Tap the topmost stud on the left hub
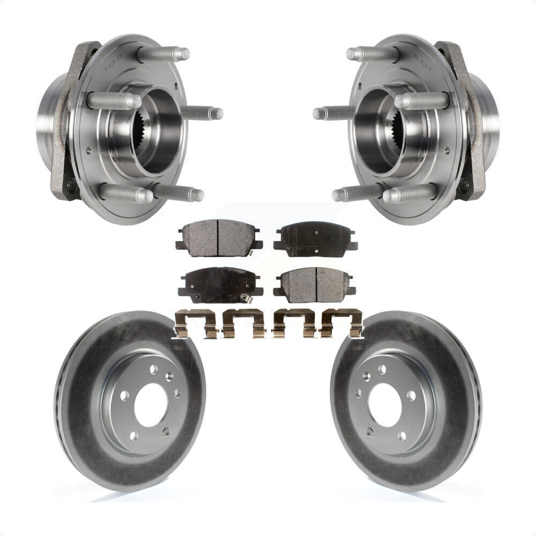point(163,54)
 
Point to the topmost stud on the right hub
point(373,54)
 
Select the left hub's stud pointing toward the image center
point(202,113)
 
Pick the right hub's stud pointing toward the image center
point(333,113)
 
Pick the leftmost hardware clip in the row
point(196,324)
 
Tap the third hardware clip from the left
point(292,324)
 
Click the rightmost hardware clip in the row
point(341,324)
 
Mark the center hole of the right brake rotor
point(385,405)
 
